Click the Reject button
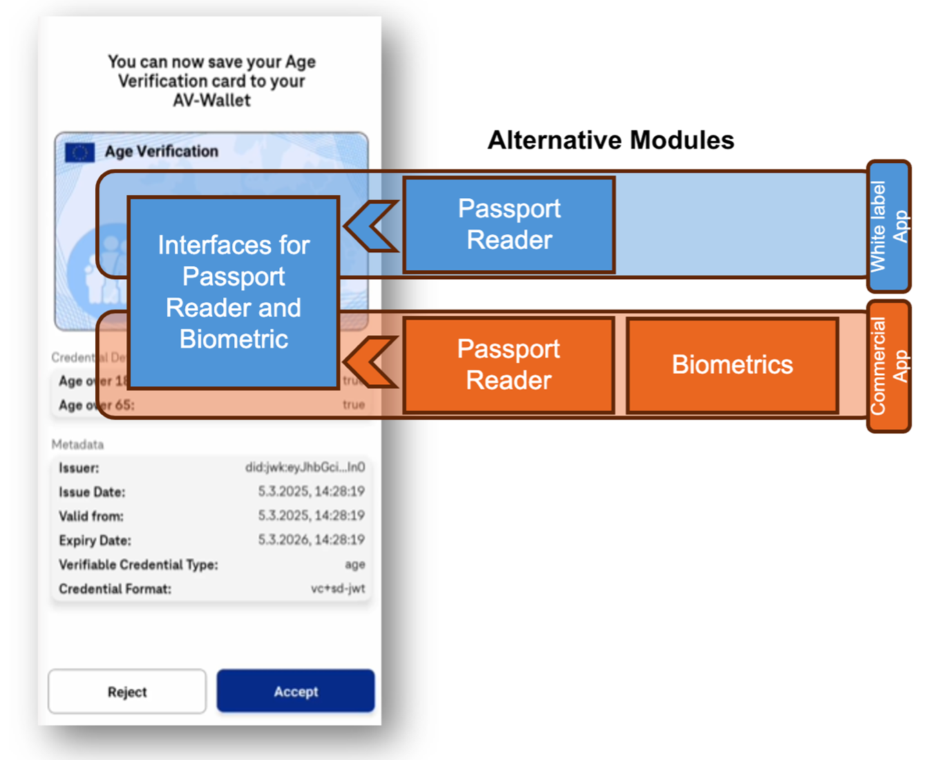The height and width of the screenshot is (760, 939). [127, 692]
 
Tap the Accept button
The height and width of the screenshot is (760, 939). [296, 691]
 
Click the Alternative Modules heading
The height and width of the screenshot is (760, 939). [611, 140]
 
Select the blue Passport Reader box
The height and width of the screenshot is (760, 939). [509, 225]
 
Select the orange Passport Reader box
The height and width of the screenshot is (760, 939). [509, 365]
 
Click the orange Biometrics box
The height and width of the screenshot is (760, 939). [732, 365]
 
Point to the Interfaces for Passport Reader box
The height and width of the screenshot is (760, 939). [234, 292]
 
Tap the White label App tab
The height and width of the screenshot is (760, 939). [889, 226]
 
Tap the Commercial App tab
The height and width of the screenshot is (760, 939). [889, 366]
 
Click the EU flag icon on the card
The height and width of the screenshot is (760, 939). [79, 152]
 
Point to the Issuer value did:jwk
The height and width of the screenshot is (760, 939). [305, 468]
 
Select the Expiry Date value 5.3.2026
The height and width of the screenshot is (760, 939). [311, 540]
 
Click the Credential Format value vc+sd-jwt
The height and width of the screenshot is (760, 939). [337, 589]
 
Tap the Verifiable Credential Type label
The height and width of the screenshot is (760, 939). [138, 564]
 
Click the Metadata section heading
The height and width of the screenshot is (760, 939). [77, 444]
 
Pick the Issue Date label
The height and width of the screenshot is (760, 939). [92, 492]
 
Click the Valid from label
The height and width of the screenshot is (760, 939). [91, 516]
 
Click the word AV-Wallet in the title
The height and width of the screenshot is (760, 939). [211, 101]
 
